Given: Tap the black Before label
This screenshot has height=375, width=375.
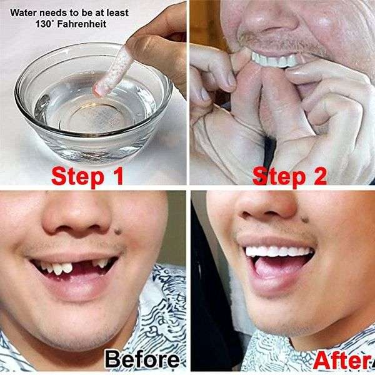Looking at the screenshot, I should pyautogui.click(x=141, y=361).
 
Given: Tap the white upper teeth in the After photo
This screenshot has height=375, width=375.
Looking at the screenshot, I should pyautogui.click(x=278, y=251).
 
